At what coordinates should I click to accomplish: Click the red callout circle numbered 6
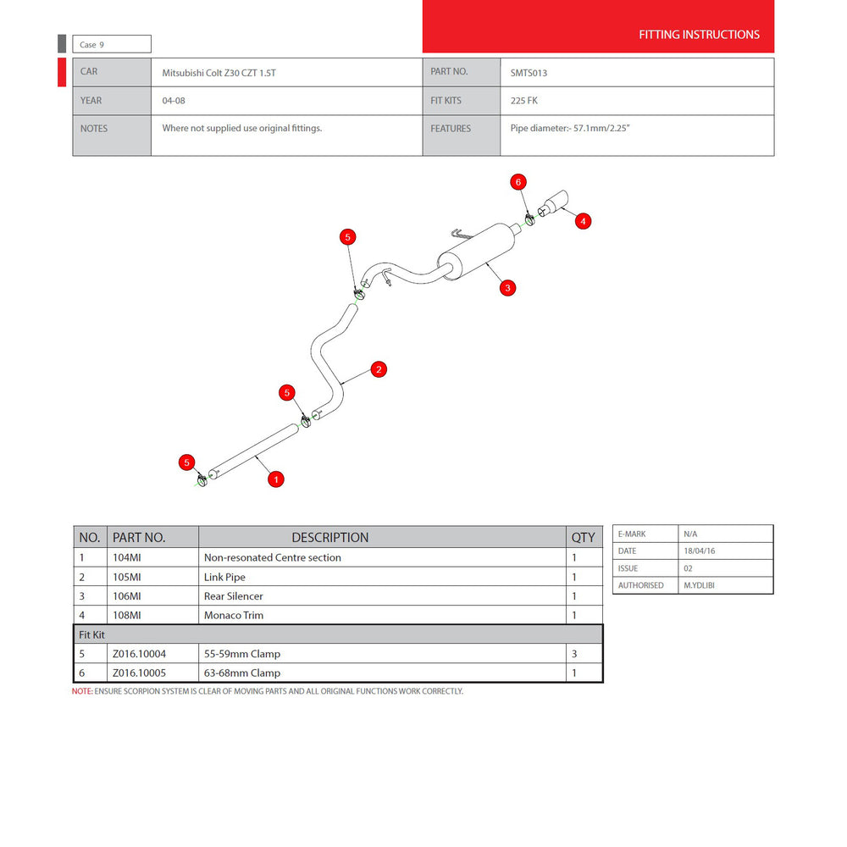point(518,182)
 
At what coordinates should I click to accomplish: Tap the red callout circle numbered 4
point(583,221)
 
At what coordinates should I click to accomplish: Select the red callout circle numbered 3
point(507,288)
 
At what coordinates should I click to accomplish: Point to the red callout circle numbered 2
point(379,369)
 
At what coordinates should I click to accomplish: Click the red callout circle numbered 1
point(276,479)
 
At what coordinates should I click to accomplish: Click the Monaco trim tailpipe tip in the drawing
point(553,203)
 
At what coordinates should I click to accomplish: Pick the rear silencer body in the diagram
point(476,251)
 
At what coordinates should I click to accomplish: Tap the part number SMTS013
point(529,73)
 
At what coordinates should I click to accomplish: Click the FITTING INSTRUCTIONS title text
point(699,35)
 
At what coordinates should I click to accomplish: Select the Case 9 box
point(112,44)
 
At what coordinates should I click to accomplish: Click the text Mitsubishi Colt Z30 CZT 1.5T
point(219,73)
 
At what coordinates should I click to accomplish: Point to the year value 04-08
point(174,101)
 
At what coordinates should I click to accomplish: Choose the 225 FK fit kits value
point(524,101)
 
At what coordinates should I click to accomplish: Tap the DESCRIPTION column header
point(330,538)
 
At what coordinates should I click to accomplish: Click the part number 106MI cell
point(127,595)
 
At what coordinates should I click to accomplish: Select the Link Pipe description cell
point(224,577)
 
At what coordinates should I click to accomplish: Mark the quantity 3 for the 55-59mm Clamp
point(574,654)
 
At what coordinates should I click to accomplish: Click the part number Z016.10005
point(140,673)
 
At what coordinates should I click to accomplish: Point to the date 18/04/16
point(699,551)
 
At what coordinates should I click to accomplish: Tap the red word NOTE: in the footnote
point(82,691)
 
